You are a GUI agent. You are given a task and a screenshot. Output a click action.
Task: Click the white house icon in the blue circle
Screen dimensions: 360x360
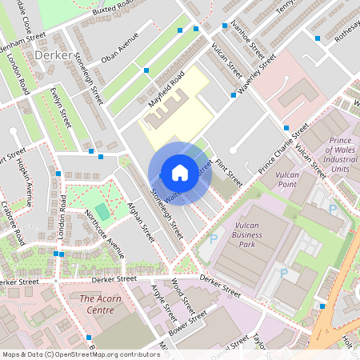point(179,172)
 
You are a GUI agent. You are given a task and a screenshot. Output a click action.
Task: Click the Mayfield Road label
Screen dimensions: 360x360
point(166,90)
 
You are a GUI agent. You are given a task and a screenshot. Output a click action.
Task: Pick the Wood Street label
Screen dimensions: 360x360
point(183,295)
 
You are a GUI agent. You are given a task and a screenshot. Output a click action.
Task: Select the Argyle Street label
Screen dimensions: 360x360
point(164,308)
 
